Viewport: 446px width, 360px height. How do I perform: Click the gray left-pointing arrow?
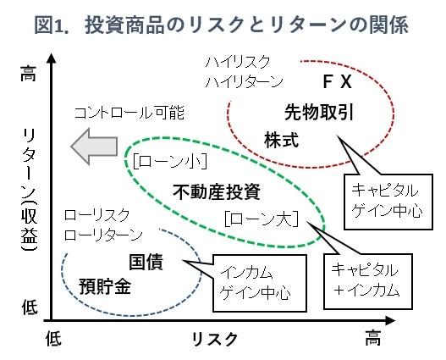coord(94,147)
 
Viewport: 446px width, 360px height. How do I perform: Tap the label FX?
coord(338,81)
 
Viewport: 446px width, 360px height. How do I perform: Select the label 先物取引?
coord(319,113)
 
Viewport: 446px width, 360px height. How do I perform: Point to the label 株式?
coord(281,140)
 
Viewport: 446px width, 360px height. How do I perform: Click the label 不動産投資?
coord(217,191)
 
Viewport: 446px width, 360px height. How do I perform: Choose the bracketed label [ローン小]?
coord(170,162)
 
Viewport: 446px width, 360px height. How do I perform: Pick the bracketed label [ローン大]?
coord(262,219)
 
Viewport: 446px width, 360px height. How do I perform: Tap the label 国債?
coord(146,262)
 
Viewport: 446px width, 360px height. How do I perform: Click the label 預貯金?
coord(105,286)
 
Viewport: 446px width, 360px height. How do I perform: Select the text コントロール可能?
coord(129,113)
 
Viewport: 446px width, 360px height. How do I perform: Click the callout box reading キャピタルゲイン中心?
coord(388,202)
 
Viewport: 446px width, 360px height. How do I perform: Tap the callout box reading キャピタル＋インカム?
coord(368,281)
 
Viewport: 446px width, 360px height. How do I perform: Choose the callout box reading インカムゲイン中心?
coord(260,283)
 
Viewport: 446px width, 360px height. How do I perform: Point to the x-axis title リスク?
coord(214,339)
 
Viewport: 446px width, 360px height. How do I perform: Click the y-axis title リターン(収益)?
coord(30,190)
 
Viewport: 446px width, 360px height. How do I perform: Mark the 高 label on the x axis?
coord(373,337)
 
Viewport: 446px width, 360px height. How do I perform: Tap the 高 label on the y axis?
coord(29,74)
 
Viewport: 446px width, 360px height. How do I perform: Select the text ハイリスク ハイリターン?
coord(244,71)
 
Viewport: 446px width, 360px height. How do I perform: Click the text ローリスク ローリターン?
coord(103,225)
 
